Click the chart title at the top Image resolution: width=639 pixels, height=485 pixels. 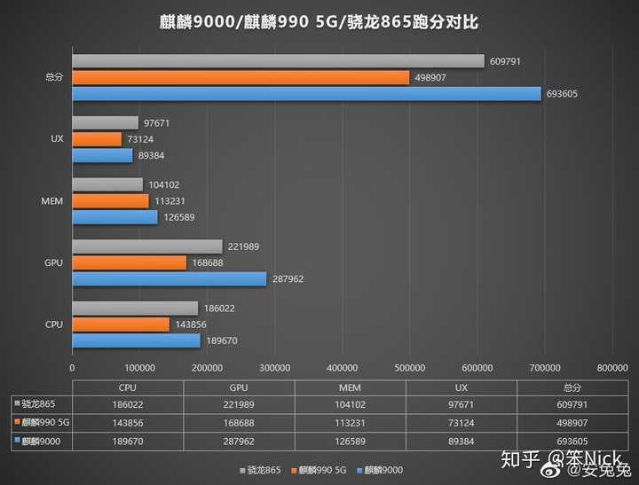click(319, 22)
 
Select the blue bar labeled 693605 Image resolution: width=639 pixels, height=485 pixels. click(306, 93)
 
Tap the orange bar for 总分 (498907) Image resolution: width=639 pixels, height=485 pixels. click(240, 77)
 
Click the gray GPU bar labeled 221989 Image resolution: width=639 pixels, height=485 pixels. click(146, 246)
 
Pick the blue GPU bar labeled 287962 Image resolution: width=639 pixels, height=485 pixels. click(169, 278)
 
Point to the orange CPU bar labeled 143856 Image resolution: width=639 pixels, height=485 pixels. click(120, 325)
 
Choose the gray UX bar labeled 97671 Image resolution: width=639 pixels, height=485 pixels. click(105, 122)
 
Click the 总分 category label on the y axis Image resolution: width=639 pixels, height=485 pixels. click(54, 77)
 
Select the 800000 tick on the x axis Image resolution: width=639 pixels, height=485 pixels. click(612, 366)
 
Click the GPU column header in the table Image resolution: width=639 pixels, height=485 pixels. click(239, 387)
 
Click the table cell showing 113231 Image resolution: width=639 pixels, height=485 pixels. click(350, 423)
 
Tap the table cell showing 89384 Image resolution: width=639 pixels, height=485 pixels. click(461, 441)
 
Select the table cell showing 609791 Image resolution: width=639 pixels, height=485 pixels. click(572, 405)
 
